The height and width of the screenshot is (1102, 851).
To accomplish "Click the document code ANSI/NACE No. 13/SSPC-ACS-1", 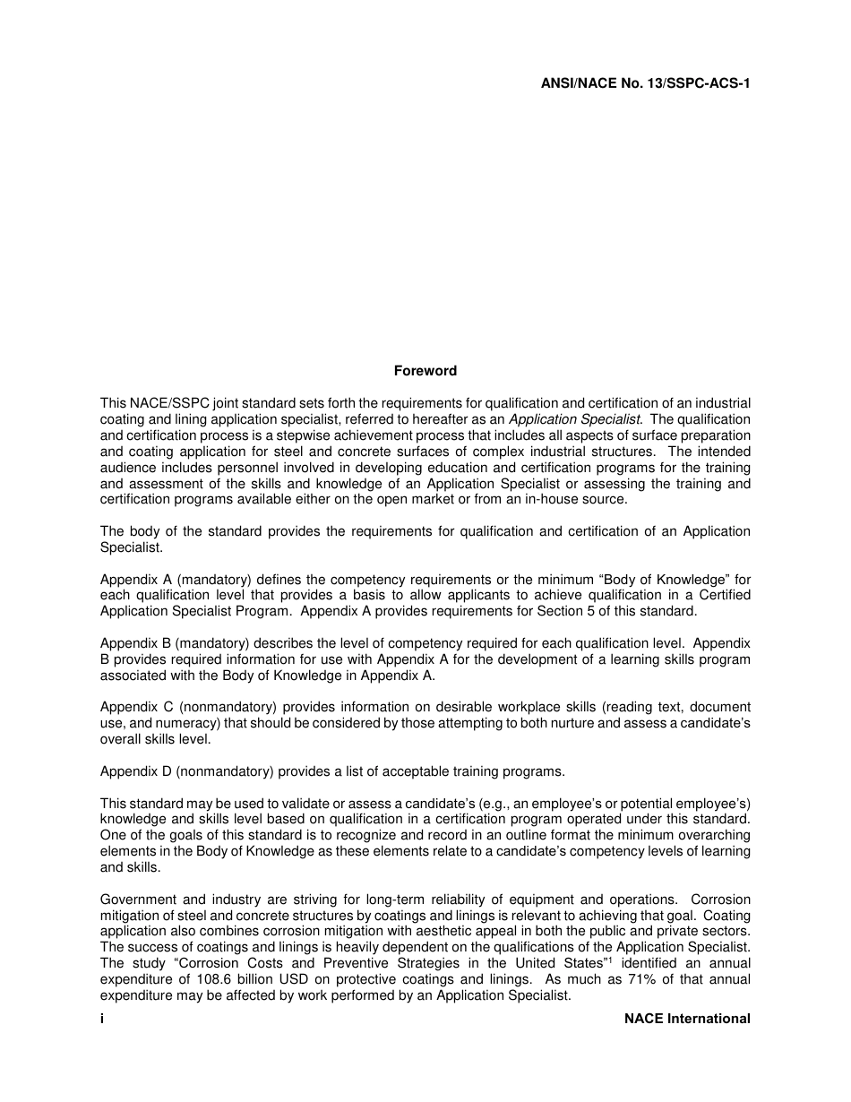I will [645, 83].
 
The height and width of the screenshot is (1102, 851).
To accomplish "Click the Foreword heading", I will [425, 371].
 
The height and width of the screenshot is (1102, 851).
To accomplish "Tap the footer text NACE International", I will [687, 1019].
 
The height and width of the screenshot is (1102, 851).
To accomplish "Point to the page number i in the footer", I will [102, 1019].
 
